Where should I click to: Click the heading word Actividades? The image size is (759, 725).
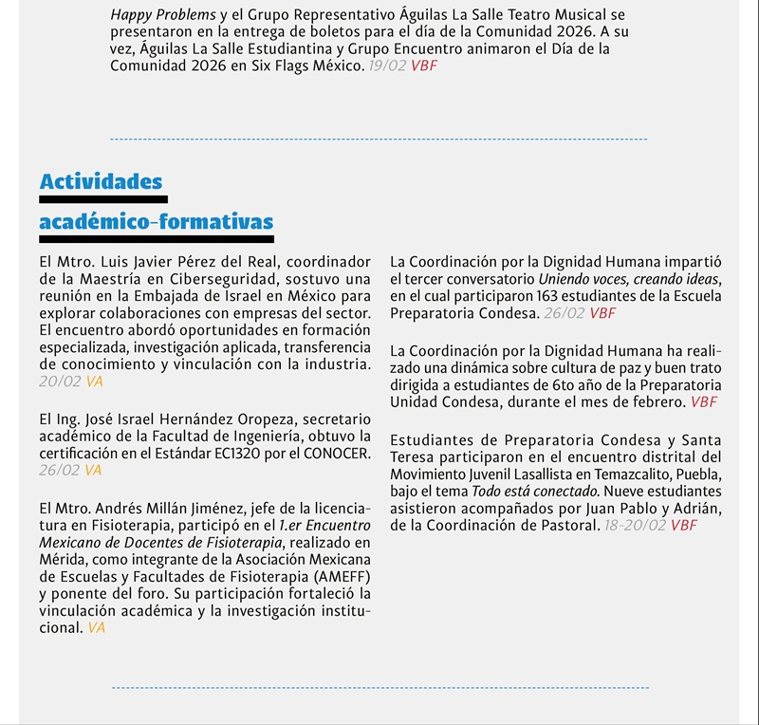tap(101, 181)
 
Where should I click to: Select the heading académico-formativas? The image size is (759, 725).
tap(156, 222)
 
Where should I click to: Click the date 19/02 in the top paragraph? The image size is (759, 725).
tap(386, 65)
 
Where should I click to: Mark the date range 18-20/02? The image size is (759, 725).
tap(636, 525)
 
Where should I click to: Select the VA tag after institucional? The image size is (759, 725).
tap(96, 627)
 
